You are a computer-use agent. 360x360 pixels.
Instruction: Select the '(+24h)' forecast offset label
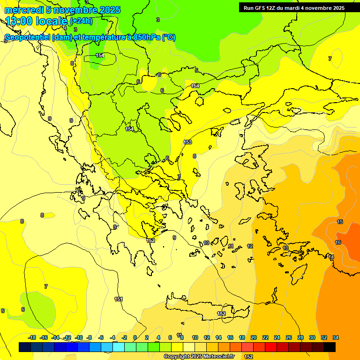81,21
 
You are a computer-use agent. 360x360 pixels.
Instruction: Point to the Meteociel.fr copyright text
199,356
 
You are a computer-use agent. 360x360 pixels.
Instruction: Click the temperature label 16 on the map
338,242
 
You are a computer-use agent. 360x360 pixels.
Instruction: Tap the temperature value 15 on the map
340,222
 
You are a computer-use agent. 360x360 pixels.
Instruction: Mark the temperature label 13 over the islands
285,248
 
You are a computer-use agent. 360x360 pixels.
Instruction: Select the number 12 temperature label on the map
250,246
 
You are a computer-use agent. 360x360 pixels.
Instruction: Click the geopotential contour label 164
195,86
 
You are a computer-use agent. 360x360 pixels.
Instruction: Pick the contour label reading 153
187,142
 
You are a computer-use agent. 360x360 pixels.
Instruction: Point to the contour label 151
119,299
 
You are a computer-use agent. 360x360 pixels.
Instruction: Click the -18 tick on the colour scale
32,337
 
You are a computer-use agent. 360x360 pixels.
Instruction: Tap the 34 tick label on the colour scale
336,337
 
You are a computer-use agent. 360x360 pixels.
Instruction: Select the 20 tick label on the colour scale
254,337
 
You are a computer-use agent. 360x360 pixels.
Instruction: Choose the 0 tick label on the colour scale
135,337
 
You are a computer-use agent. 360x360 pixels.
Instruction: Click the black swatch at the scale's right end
330,347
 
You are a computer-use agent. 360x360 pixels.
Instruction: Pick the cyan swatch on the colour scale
119,347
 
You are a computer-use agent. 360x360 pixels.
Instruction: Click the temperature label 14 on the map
331,257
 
